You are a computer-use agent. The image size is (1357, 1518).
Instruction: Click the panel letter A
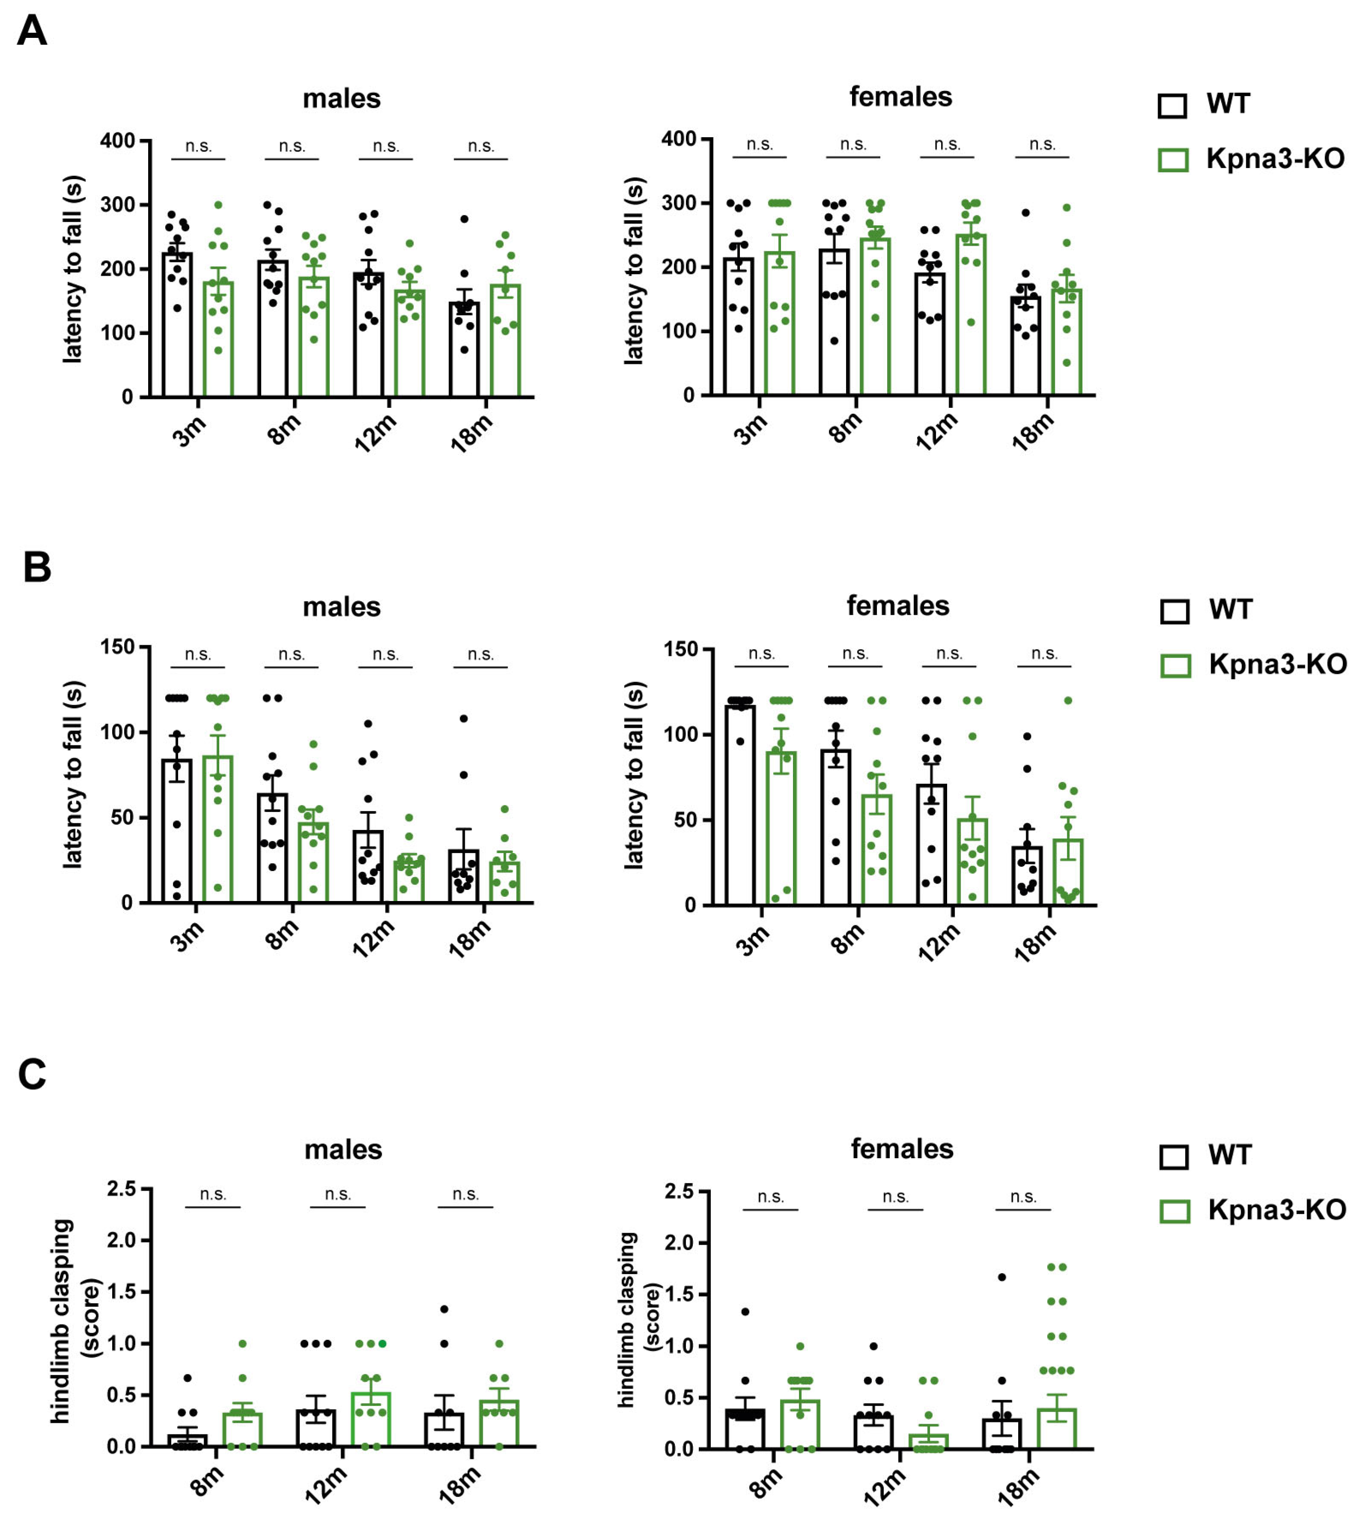[31, 32]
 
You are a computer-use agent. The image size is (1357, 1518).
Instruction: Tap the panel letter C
[32, 1075]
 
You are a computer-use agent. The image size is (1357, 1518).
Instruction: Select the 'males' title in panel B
[342, 607]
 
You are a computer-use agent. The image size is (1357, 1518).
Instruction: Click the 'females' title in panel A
[901, 97]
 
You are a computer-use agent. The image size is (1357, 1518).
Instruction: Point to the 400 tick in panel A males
[118, 141]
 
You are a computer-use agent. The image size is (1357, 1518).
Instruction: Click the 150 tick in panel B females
[680, 650]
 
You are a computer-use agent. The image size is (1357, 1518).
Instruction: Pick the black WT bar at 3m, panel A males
[177, 328]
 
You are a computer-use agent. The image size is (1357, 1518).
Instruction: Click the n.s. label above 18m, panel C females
[1023, 1197]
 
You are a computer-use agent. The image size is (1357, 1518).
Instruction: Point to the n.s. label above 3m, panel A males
[198, 147]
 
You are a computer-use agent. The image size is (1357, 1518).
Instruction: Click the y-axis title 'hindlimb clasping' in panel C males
[61, 1320]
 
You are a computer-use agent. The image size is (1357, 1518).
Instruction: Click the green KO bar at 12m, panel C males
[371, 1421]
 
